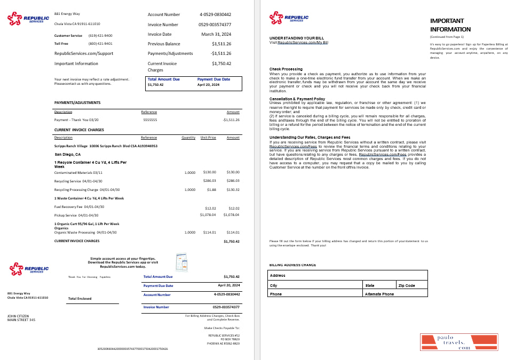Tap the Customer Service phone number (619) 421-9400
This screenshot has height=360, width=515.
point(100,36)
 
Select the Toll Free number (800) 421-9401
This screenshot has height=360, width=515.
point(100,44)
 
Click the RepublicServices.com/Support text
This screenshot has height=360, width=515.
point(84,53)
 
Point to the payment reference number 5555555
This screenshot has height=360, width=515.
point(150,120)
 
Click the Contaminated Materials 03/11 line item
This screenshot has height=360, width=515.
point(78,172)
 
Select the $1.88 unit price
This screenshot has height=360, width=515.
point(211,189)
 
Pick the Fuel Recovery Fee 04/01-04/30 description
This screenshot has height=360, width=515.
point(79,207)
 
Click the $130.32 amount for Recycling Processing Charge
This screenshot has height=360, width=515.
point(233,189)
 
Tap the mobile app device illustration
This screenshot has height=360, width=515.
point(181,262)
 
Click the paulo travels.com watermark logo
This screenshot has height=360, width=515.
point(459,342)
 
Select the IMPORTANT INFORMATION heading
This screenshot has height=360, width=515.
point(450,25)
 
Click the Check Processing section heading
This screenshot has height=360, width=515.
point(286,69)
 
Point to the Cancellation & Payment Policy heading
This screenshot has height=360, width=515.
point(297,99)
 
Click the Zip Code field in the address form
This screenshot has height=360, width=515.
point(411,285)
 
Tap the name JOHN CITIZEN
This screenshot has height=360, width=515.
point(19,316)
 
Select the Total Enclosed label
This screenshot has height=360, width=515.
point(80,299)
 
